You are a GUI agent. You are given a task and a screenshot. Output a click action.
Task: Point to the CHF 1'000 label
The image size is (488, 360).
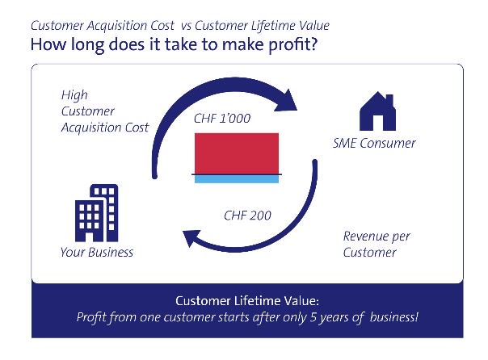(221, 119)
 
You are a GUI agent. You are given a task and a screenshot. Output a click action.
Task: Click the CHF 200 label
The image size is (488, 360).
(246, 216)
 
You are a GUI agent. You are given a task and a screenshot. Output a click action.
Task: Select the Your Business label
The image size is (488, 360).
(97, 253)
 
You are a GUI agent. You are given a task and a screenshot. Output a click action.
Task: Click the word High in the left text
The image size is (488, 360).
(74, 94)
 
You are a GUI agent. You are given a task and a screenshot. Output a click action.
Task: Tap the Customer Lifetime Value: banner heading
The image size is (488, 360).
(243, 300)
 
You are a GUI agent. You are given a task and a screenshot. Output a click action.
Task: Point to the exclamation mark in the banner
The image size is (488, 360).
(418, 317)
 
